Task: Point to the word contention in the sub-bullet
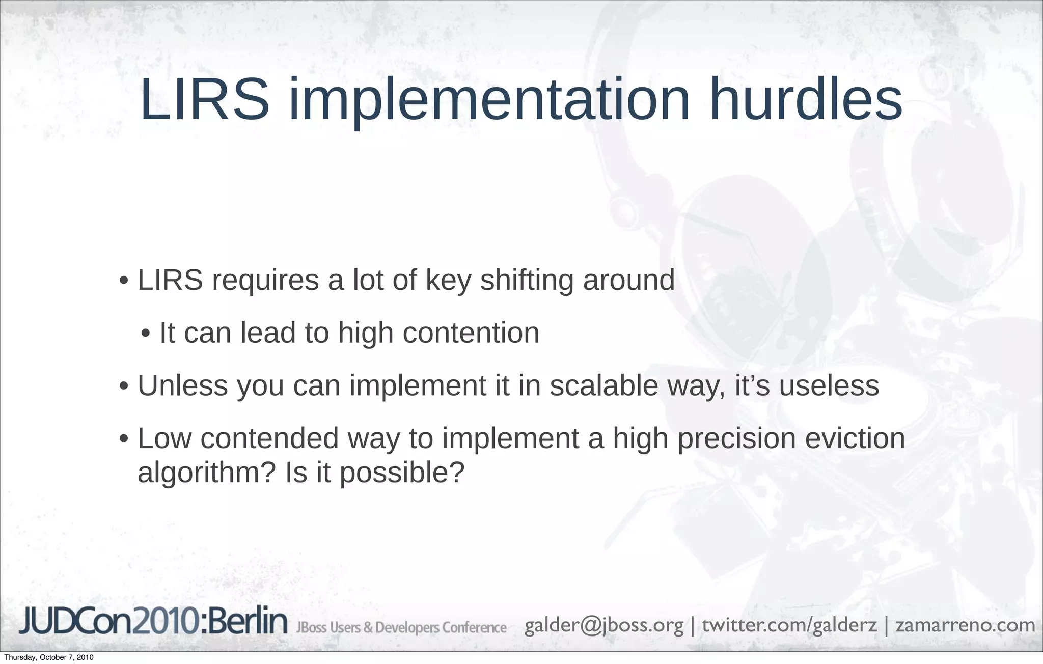(471, 333)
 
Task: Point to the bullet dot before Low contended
(123, 439)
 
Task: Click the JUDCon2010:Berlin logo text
(153, 623)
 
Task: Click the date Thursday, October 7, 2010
(48, 657)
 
